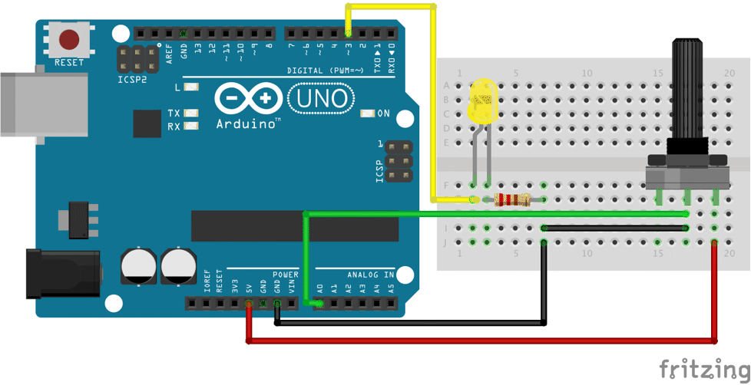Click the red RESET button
pos(70,39)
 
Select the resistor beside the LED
pos(512,201)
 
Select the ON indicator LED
pos(367,114)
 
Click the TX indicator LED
pos(190,113)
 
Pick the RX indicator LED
pos(190,126)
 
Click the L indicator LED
pos(190,87)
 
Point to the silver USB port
pos(23,104)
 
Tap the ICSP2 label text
pos(133,80)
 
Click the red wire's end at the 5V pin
pos(248,304)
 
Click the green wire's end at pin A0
pos(319,304)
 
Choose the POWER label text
pos(285,274)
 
